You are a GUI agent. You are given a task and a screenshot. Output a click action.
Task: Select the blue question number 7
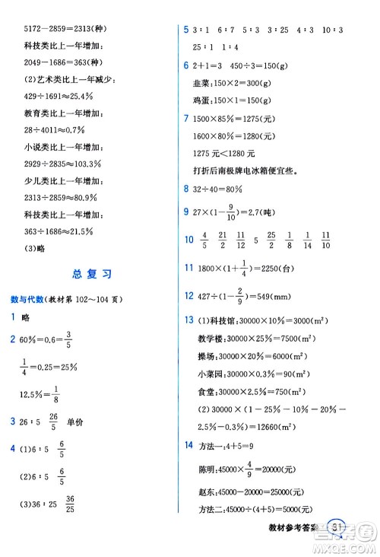187,119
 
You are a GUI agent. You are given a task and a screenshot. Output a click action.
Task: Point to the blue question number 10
190,240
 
